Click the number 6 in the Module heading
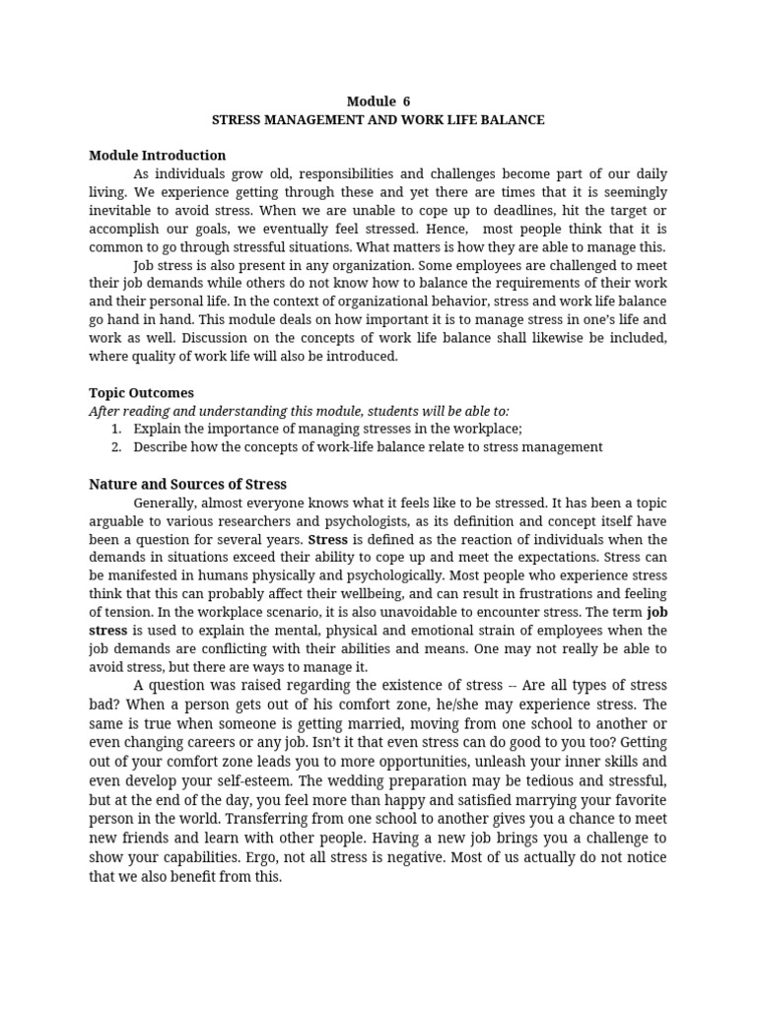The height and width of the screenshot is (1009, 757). coord(406,101)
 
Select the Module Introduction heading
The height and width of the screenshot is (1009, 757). coord(158,156)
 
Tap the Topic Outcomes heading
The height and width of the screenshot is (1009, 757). coord(141,392)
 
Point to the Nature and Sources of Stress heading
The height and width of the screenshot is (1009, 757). coord(187,484)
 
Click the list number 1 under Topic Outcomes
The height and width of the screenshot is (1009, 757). coord(116,429)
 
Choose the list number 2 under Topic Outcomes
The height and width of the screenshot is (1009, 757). coord(116,446)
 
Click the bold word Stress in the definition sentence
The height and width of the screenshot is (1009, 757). coord(328,540)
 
